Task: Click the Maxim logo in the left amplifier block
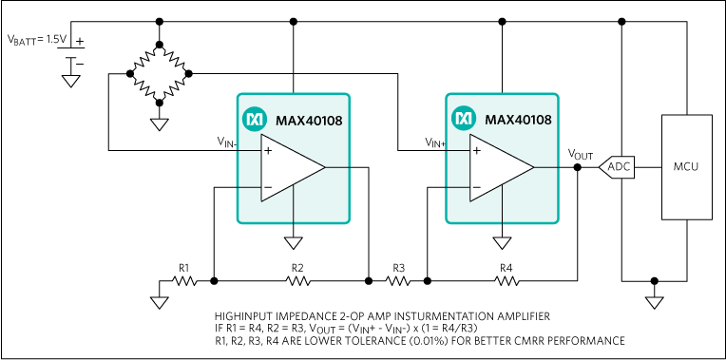coord(254,120)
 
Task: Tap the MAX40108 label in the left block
coord(309,121)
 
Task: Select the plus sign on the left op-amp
coord(268,150)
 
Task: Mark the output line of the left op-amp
coord(337,167)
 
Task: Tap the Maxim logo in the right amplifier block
coord(463,120)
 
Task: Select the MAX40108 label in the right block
coord(518,121)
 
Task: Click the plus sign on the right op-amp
coord(477,150)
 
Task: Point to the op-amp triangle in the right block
coord(501,168)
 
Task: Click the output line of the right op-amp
coord(546,167)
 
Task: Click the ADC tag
coord(618,167)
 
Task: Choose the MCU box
coord(686,167)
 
